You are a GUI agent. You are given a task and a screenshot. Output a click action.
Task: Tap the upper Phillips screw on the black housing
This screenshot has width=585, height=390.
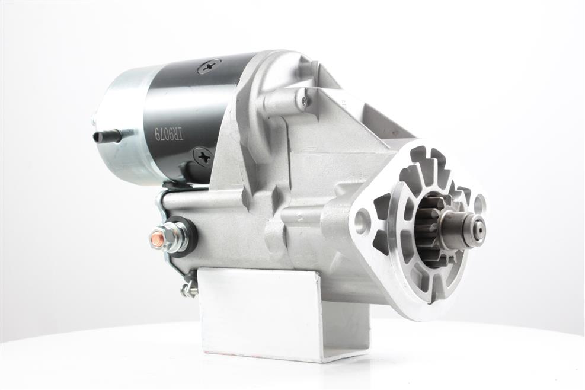[210, 68]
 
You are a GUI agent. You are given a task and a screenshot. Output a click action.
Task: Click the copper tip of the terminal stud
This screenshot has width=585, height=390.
[154, 238]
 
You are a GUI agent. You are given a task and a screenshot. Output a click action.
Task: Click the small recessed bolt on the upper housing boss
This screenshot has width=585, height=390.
[303, 100]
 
